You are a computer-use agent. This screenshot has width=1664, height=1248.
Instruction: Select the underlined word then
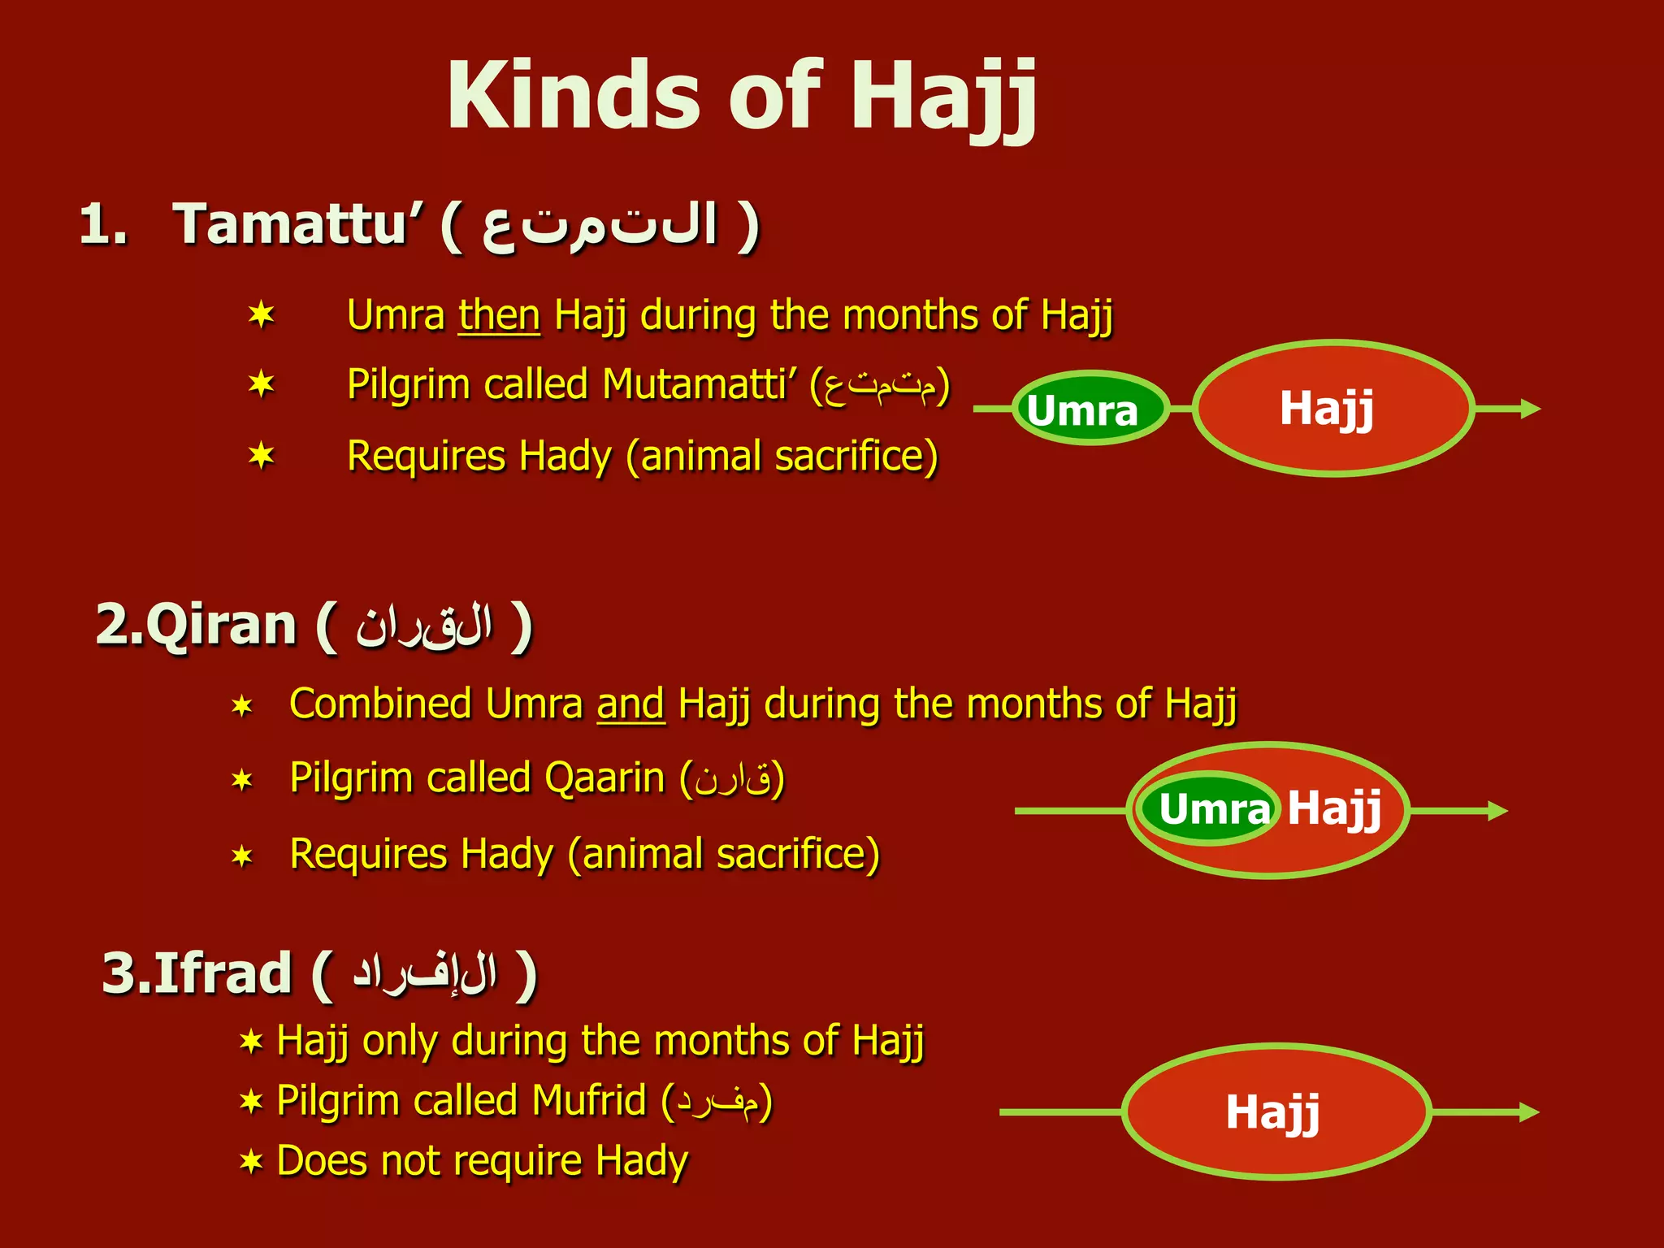pos(499,315)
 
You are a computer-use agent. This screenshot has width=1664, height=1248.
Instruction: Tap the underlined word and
pos(630,704)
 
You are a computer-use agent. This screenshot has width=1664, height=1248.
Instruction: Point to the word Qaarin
pos(604,778)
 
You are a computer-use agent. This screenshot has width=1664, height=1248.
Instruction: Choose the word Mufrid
pos(589,1101)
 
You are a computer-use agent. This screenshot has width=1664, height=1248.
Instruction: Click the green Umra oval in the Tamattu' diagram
pos(1089,409)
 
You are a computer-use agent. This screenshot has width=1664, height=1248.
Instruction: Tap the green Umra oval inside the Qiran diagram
pos(1207,809)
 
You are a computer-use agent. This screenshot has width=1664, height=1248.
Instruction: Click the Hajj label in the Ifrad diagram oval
pos(1272,1111)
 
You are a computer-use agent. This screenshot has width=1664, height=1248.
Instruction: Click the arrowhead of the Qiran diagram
pos(1497,811)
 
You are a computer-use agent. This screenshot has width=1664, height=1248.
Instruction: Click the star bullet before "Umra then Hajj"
pos(262,315)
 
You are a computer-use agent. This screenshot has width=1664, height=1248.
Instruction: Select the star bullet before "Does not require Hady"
pos(251,1162)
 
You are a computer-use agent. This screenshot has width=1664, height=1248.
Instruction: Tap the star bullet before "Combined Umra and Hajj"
pos(242,705)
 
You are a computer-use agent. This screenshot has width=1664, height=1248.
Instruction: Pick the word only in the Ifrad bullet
pos(401,1041)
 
